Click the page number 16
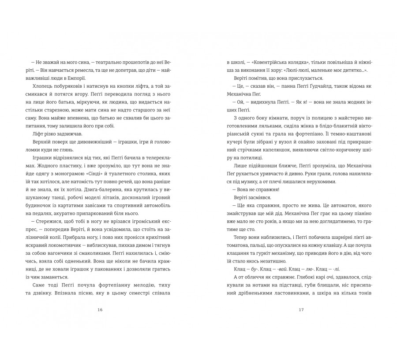pos(100,310)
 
